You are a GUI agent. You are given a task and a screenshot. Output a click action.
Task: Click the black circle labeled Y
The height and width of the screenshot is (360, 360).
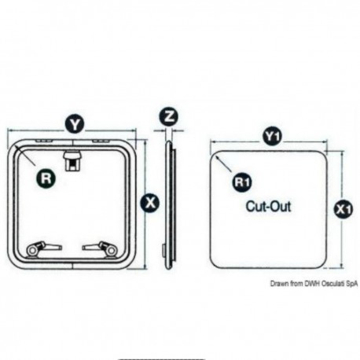75,124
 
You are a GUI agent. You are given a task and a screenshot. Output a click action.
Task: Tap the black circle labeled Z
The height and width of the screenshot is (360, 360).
169,116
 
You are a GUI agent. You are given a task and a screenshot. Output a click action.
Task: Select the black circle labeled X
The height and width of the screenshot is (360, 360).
150,203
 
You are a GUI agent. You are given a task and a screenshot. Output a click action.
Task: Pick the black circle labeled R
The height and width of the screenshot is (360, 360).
46,178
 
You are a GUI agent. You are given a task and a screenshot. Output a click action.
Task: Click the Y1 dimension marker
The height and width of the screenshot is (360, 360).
273,136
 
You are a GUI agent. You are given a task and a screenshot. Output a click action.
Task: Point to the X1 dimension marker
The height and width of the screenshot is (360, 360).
343,209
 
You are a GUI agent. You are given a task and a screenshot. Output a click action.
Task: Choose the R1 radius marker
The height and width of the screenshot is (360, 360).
242,182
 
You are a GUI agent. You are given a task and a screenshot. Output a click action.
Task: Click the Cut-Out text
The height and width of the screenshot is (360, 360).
268,206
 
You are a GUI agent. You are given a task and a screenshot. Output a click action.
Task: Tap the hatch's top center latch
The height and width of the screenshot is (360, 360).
72,160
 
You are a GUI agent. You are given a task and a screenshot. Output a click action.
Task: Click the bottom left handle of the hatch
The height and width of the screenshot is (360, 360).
43,248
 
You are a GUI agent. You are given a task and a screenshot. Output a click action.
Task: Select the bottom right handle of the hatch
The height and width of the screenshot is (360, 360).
100,248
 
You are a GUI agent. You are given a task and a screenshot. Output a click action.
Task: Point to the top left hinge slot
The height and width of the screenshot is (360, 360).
44,141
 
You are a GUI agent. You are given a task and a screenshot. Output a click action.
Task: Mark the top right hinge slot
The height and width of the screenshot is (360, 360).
101,141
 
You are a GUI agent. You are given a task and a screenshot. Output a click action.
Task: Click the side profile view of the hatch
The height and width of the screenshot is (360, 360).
169,205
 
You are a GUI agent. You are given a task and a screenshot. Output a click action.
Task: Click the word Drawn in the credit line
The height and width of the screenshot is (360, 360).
279,284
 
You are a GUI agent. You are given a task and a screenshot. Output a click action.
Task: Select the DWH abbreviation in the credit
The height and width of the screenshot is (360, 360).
312,284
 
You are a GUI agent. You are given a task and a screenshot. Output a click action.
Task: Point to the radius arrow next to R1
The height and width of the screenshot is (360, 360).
223,163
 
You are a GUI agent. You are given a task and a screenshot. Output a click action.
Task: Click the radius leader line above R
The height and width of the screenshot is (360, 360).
25,156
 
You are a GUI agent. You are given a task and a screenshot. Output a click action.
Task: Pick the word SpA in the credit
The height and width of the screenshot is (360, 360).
351,284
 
